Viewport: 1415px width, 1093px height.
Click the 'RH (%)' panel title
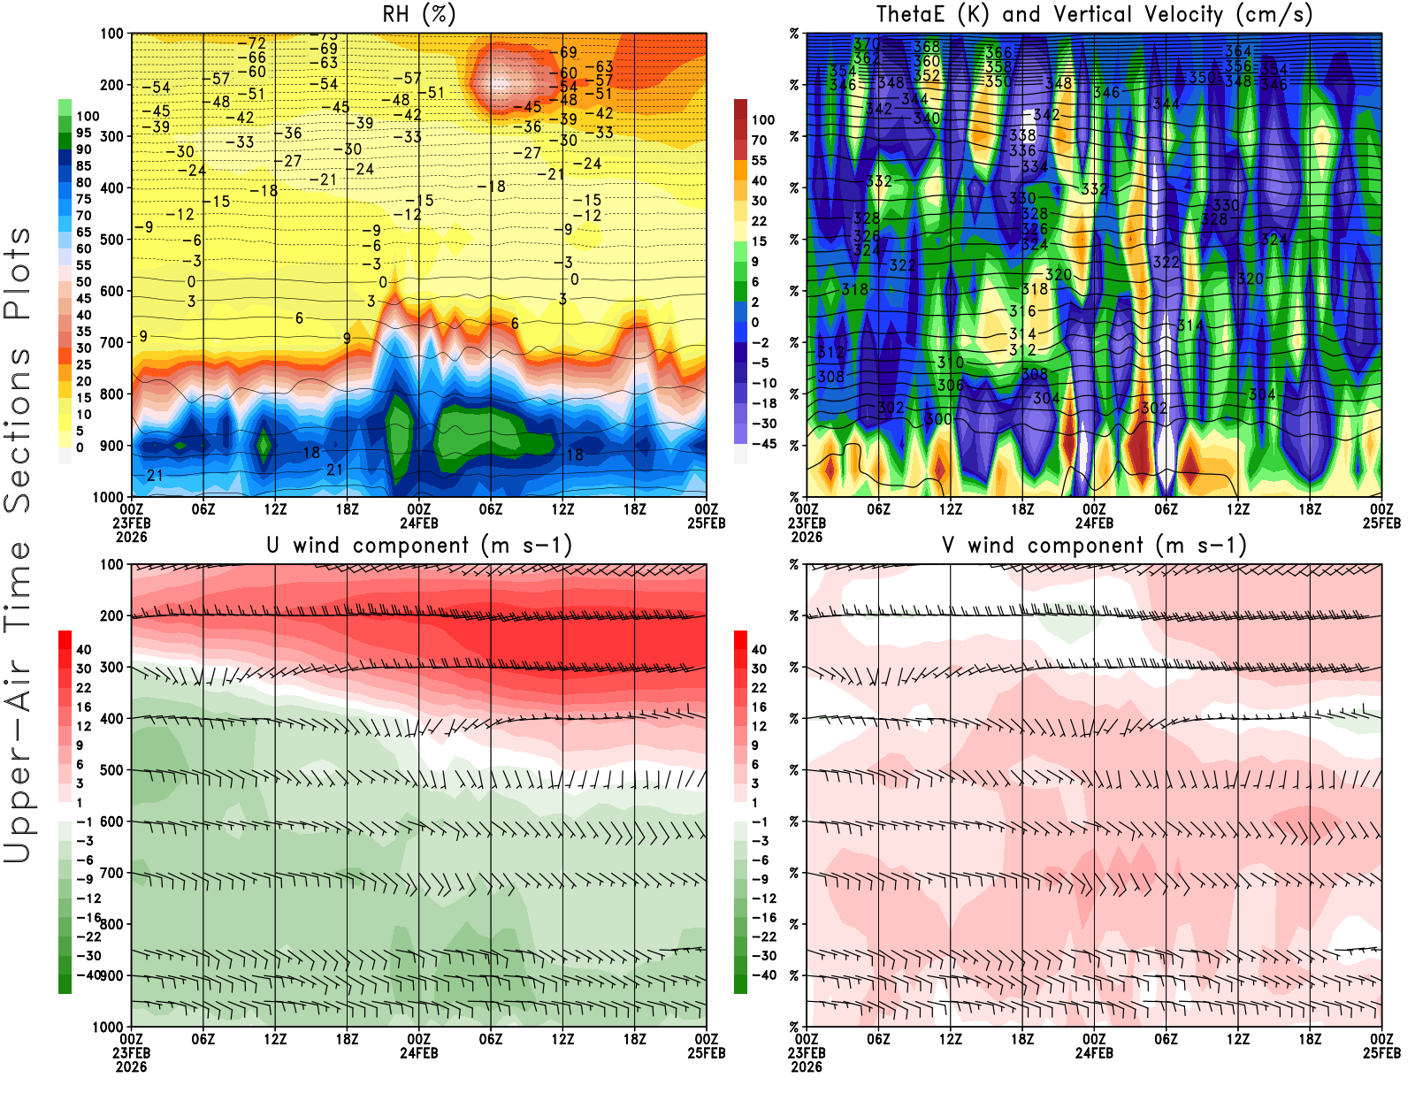418,15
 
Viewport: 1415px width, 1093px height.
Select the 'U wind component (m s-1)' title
419,546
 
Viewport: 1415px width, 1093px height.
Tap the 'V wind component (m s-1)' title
1094,546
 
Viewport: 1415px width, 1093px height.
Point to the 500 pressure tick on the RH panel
111,240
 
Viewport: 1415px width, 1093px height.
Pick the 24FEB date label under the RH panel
419,523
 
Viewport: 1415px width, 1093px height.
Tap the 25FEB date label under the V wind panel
1381,1053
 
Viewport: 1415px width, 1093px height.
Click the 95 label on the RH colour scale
83,133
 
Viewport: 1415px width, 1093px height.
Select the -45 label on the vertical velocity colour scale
764,444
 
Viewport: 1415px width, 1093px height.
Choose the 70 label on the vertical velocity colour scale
759,140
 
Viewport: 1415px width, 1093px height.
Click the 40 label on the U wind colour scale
83,650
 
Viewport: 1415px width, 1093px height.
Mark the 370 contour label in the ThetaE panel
867,43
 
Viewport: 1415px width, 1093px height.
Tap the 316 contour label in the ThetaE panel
1022,311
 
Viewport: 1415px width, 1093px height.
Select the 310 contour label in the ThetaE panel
951,363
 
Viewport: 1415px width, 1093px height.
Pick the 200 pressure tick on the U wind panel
111,616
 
